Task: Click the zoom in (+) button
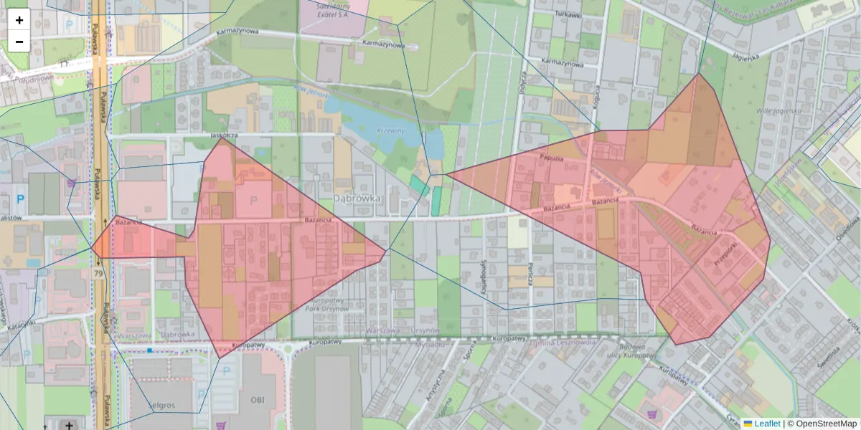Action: tap(19, 20)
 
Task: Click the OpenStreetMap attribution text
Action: tap(822, 424)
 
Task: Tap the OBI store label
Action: tap(258, 399)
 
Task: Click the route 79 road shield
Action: tap(98, 274)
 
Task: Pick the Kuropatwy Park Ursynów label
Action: tap(326, 304)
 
